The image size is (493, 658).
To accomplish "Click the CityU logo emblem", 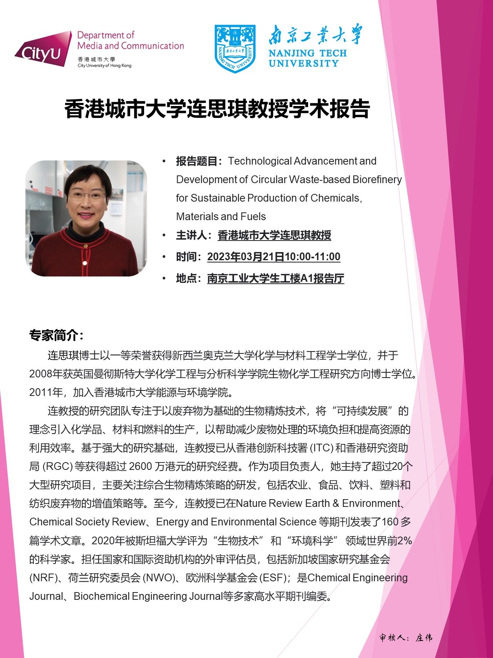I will tap(43, 49).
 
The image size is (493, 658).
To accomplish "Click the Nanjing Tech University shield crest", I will tap(235, 48).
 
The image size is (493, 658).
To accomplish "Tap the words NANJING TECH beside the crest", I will tap(307, 53).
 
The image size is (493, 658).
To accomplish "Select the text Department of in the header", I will tap(106, 35).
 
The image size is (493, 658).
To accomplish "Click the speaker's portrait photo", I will tap(86, 218).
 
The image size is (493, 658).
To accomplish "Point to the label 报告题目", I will tap(197, 161).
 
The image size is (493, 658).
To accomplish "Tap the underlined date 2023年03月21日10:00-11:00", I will tap(273, 257).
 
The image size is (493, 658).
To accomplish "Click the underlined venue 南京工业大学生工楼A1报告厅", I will tap(275, 278).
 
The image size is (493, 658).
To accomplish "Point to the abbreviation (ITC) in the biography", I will tap(322, 448).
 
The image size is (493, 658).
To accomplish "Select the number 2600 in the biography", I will tap(140, 466).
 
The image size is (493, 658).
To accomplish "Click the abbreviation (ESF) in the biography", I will tap(274, 578).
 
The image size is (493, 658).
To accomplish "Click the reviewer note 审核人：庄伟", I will tap(406, 638).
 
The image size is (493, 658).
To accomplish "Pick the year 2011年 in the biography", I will tap(46, 392).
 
